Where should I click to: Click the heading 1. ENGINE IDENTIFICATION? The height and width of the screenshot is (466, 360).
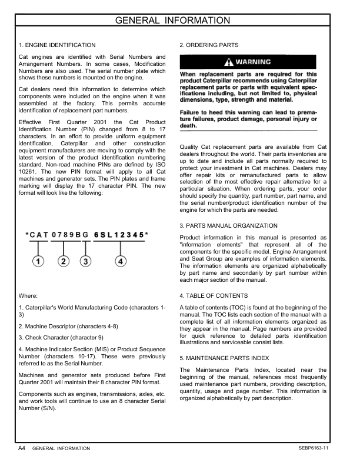[56, 45]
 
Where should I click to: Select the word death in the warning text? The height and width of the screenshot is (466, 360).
[188, 125]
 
